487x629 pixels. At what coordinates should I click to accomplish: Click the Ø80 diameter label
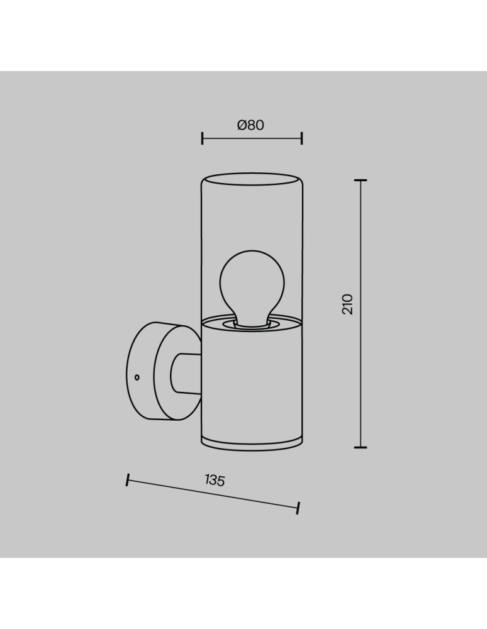tap(250, 125)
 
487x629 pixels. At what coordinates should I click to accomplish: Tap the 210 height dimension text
tap(347, 304)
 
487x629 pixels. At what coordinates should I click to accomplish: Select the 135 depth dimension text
tap(215, 480)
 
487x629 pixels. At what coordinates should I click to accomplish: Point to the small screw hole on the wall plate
tap(137, 377)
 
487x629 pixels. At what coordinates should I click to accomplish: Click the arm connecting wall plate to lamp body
tap(186, 374)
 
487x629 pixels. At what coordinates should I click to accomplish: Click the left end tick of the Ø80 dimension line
tap(202, 138)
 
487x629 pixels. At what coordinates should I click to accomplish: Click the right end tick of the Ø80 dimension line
tap(301, 138)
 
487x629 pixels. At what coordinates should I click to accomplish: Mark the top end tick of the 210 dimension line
tap(361, 181)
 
